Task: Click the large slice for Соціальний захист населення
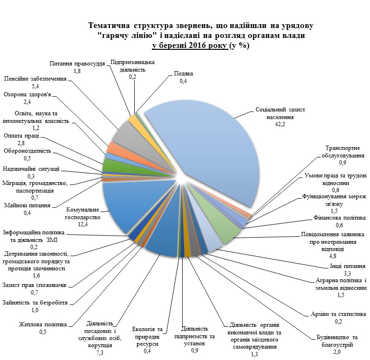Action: pyautogui.click(x=213, y=151)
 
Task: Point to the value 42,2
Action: pyautogui.click(x=280, y=124)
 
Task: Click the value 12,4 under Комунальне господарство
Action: pyautogui.click(x=83, y=224)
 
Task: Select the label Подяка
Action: pyautogui.click(x=184, y=74)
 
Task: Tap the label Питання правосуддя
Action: pyautogui.click(x=77, y=64)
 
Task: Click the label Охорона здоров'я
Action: pyautogui.click(x=28, y=94)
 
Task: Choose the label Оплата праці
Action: pyautogui.click(x=21, y=136)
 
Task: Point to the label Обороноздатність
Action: pyautogui.click(x=28, y=151)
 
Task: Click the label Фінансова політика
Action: pyautogui.click(x=340, y=218)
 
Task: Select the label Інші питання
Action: pyautogui.click(x=348, y=266)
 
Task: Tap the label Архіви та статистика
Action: pyautogui.click(x=338, y=314)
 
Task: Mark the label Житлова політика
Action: pyautogui.click(x=43, y=324)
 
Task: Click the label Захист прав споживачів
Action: pyautogui.click(x=35, y=285)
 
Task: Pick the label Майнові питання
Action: pyautogui.click(x=27, y=205)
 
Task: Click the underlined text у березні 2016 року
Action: pyautogui.click(x=190, y=46)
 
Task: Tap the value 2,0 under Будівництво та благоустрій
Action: pyautogui.click(x=337, y=352)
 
